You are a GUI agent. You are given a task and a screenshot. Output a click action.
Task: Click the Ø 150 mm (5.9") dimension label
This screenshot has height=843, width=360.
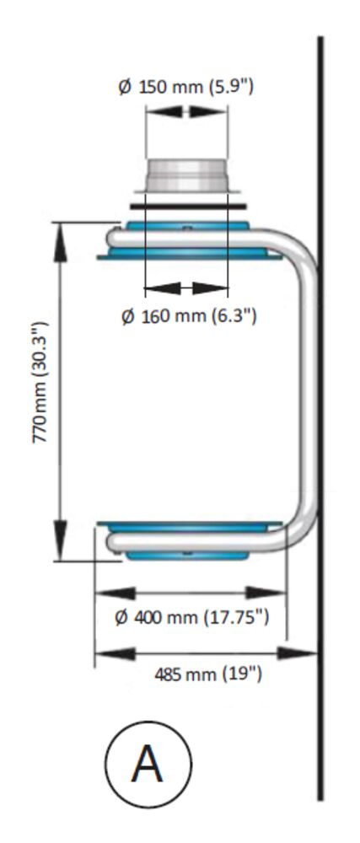[x=185, y=87]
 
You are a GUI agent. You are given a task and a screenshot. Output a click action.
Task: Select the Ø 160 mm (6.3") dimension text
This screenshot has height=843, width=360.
[x=189, y=316]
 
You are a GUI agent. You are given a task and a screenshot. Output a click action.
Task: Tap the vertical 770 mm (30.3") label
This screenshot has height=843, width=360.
[x=40, y=382]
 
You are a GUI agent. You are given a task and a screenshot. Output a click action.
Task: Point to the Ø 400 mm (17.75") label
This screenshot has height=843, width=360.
[x=192, y=618]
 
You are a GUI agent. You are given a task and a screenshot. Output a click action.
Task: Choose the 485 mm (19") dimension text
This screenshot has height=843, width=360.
[x=208, y=674]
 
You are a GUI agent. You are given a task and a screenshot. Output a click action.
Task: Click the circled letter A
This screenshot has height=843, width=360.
[x=148, y=764]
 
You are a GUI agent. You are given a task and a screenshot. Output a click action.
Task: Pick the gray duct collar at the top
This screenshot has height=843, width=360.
[x=186, y=176]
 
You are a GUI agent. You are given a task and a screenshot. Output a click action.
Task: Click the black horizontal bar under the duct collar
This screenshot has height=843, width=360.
[x=188, y=206]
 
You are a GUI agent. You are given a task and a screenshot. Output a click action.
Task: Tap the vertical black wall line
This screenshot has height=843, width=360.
[x=320, y=418]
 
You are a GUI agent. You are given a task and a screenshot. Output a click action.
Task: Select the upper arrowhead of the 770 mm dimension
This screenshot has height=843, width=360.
[x=60, y=241]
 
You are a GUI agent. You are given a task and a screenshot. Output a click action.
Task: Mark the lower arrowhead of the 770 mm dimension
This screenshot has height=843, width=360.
[x=60, y=541]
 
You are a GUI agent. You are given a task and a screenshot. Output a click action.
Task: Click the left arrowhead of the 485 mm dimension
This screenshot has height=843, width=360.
[x=115, y=653]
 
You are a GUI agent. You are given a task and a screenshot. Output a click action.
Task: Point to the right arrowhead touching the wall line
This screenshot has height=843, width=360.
[x=297, y=653]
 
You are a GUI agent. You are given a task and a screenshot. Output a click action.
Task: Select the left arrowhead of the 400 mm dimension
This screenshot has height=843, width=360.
[x=115, y=593]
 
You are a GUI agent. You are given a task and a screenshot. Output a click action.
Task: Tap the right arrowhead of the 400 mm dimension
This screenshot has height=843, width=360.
[x=266, y=593]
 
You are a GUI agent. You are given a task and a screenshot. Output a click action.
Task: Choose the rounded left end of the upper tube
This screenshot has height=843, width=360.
[x=113, y=238]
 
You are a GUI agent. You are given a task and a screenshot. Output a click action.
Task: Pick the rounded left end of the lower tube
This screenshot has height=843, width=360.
[x=113, y=541]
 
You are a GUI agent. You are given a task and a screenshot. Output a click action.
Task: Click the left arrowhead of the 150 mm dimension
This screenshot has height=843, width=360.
[x=164, y=111]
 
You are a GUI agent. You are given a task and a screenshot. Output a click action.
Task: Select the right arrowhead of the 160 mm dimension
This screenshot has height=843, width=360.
[x=210, y=288]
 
